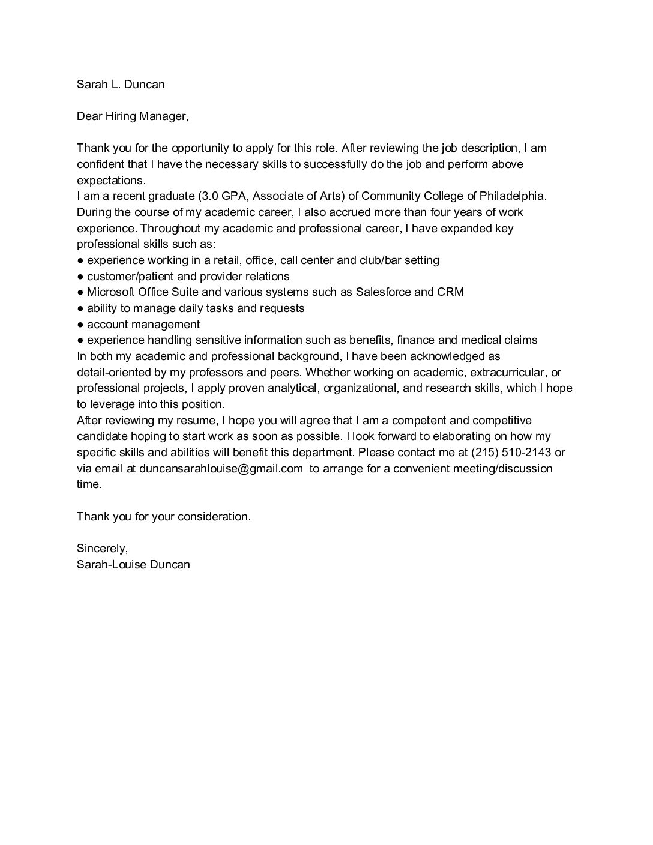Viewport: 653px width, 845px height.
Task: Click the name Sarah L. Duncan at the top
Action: click(121, 84)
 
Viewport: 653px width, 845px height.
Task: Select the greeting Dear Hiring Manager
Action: click(133, 116)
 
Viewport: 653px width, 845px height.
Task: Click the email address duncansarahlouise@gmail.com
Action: click(221, 468)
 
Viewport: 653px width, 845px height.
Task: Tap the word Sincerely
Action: click(102, 548)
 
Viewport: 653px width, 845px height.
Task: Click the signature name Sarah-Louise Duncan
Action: click(133, 564)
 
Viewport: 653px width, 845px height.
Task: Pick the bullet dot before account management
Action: click(80, 325)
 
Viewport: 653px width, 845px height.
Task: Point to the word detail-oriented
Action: click(114, 372)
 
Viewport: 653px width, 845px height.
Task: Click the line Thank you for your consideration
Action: click(164, 516)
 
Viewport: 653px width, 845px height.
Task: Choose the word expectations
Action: click(111, 180)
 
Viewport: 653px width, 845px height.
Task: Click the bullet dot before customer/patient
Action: click(80, 277)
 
